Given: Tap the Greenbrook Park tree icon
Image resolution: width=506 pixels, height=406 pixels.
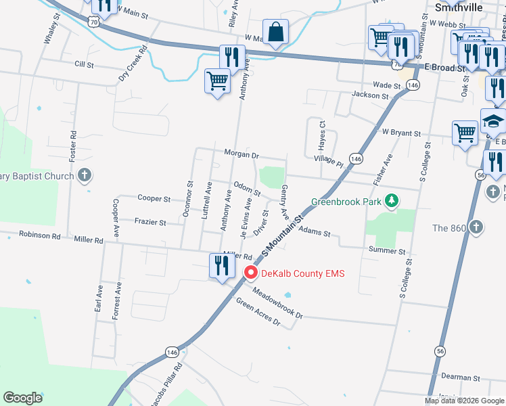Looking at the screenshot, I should (391, 201).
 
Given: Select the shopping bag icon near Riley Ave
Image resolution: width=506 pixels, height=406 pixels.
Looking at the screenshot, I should (275, 32).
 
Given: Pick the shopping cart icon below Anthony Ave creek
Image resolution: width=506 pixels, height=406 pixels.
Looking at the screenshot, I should (217, 82).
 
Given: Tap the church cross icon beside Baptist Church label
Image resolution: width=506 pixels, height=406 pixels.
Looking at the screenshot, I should (84, 177).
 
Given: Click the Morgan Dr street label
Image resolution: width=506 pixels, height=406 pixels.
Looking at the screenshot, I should (241, 155).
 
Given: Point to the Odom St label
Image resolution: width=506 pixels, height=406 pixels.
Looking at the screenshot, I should (247, 188).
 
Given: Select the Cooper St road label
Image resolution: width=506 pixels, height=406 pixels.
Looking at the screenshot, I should (154, 199).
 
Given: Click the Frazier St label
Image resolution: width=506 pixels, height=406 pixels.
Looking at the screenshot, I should (150, 222).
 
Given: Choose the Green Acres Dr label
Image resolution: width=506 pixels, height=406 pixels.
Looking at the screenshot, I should (258, 311).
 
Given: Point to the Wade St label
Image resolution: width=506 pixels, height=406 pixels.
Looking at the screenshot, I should (387, 85).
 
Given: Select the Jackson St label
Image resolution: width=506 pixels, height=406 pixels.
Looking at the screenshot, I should (369, 96).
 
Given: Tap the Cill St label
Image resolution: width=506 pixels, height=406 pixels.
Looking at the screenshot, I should (85, 64).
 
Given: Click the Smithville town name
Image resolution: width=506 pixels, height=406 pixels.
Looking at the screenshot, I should (459, 7).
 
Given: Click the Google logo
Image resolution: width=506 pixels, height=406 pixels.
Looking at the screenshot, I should (22, 398).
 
